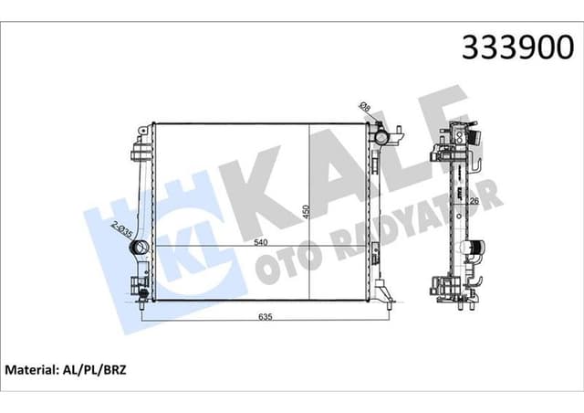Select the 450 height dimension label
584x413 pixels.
click(304, 212)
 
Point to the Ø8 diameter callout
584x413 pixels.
click(365, 109)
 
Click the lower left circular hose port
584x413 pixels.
click(140, 294)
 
